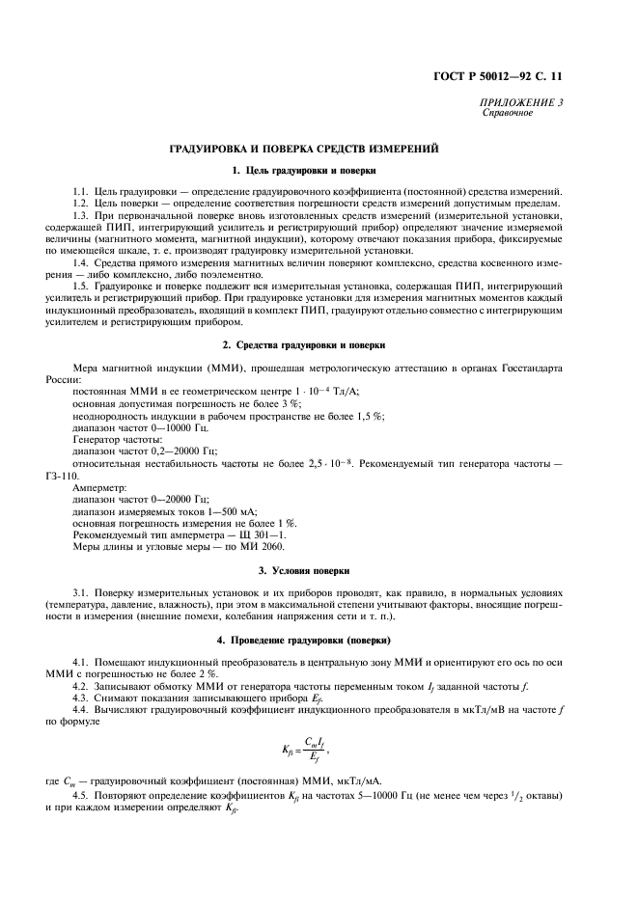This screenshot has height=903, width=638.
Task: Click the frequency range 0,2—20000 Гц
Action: coord(155,451)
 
